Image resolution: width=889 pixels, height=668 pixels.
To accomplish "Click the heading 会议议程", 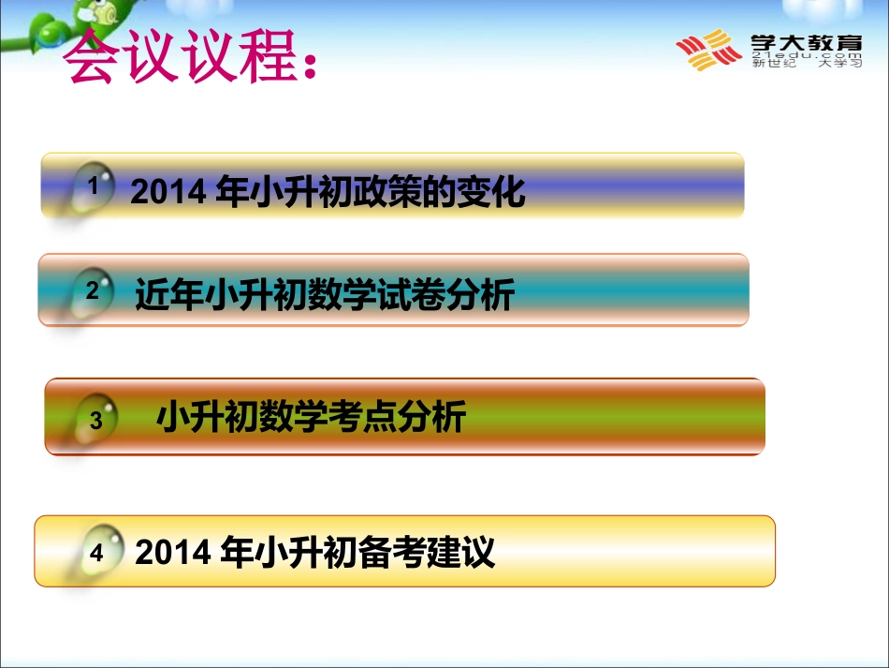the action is [181, 55].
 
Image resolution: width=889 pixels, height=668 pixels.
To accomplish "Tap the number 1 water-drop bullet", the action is [92, 186].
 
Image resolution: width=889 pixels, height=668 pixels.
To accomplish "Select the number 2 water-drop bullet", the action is [92, 291].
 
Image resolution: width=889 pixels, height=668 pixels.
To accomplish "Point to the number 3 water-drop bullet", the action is [95, 420].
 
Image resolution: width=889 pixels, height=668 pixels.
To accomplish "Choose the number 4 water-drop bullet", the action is [99, 550].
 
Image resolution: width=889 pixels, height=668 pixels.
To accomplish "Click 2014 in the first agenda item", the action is [168, 192].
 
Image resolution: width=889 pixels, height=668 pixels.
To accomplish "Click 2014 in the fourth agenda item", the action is [172, 552].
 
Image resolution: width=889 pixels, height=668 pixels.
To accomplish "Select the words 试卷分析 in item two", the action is [446, 294].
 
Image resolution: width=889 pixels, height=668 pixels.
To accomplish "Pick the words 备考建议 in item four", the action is [427, 552].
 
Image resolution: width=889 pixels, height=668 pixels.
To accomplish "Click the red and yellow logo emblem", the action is [708, 50].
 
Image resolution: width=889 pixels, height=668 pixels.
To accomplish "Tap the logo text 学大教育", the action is [807, 42].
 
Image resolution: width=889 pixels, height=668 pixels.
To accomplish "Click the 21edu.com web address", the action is [807, 55].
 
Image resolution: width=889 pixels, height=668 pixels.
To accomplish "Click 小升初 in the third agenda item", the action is [208, 416].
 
